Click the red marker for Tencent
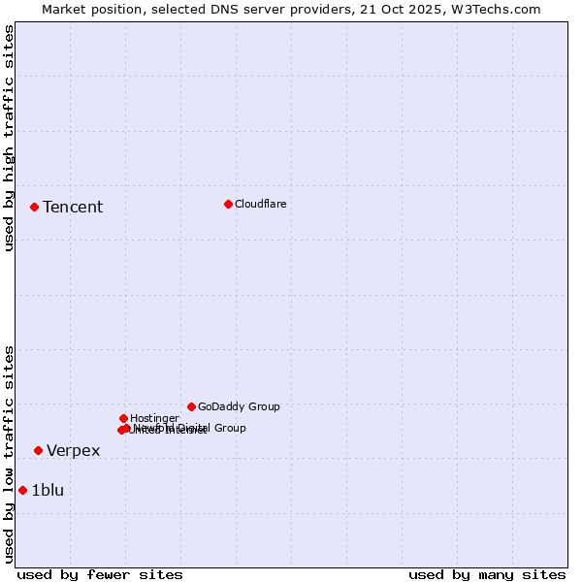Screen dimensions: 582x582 [34, 207]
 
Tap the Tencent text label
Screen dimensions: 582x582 [73, 207]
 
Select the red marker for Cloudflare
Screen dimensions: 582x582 [228, 204]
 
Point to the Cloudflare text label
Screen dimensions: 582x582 [260, 204]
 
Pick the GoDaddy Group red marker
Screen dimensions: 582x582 [191, 406]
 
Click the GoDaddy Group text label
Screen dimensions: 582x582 [239, 406]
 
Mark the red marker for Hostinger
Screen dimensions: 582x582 [123, 418]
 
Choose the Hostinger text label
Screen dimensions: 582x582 [154, 418]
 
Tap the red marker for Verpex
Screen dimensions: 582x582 [38, 450]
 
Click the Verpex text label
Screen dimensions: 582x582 [73, 450]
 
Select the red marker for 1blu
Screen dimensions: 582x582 [22, 490]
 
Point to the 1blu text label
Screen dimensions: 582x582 [48, 490]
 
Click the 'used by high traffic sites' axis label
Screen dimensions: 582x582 [9, 138]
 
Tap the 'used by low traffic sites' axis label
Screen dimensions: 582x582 [9, 454]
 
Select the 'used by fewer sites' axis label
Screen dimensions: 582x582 [100, 574]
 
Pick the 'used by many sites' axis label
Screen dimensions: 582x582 [487, 574]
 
